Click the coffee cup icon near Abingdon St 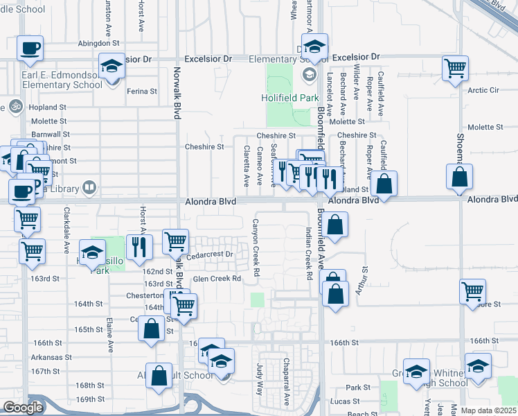30,49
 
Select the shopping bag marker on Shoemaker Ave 459,177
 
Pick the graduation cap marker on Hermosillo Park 92,254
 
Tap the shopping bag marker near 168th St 159,376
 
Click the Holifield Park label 289,98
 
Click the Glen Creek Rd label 216,279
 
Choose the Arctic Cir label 483,90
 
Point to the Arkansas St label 51,357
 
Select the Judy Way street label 260,379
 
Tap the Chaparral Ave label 286,381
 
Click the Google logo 23,408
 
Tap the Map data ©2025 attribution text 488,410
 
